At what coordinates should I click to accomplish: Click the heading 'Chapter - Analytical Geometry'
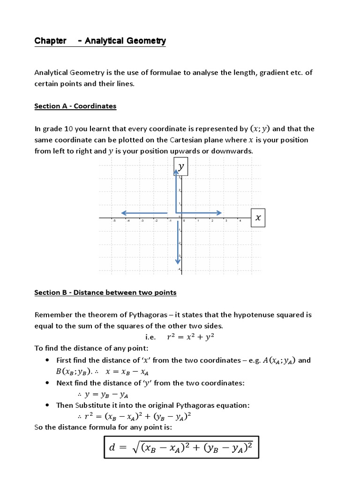tap(100, 41)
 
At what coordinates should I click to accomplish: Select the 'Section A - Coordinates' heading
tap(75, 106)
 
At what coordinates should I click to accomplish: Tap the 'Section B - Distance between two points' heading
tap(105, 292)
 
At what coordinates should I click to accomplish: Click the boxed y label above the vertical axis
tap(181, 167)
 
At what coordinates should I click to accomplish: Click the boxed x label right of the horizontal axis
tap(258, 218)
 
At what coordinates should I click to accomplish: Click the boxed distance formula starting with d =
tap(180, 447)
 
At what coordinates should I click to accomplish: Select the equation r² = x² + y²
tap(191, 337)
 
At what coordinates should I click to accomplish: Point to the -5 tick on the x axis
tap(113, 221)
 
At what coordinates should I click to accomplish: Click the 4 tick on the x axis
tap(240, 221)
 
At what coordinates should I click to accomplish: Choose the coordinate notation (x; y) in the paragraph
tap(261, 128)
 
